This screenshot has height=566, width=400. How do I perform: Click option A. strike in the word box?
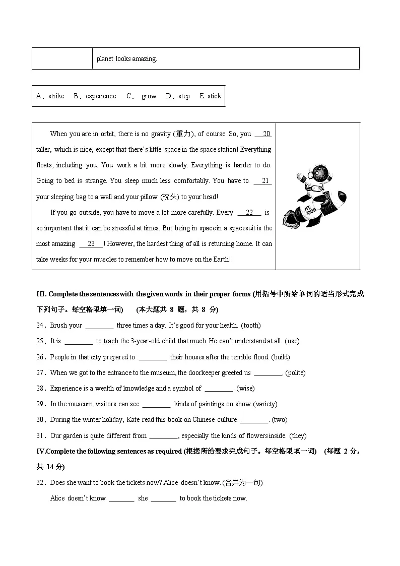coord(50,96)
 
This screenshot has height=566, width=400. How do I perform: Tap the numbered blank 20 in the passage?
coord(263,134)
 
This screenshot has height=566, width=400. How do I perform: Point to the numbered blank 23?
coord(91,244)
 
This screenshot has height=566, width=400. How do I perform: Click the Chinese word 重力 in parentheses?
coord(182,134)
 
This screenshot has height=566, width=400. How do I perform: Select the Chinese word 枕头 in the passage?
coord(169,197)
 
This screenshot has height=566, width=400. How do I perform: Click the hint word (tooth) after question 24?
coord(251,326)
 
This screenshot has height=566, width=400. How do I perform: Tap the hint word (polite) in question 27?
coord(295,373)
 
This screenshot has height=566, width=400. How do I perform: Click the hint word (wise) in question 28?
coord(245,389)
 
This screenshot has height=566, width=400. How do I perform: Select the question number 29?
coord(41,404)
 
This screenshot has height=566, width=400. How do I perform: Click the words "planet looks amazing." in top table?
coord(127,59)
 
